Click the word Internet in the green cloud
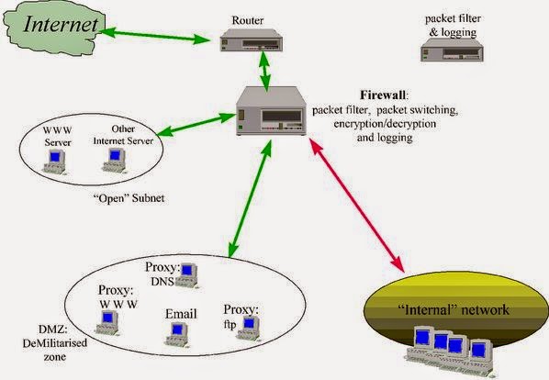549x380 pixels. pos(61,25)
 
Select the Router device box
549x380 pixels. pos(252,40)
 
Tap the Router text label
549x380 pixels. pos(248,20)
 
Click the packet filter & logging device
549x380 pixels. pos(452,50)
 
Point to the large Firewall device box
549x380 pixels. pos(271,111)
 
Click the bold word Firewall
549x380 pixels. pos(384,95)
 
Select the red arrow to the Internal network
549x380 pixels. pos(357,205)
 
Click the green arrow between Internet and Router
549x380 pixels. pos(154,36)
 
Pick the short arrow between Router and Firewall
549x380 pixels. pos(264,72)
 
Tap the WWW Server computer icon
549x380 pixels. pos(54,162)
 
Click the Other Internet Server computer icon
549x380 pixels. pos(115,161)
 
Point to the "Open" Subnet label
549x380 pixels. pos(129,198)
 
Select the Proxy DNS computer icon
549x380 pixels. pos(187,275)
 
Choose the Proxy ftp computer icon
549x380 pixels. pos(248,329)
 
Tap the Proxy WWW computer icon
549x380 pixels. pos(107,322)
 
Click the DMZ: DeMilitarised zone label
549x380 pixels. pos(55,343)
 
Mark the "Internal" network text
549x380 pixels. pos(454,309)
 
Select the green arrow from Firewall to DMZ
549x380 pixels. pos(250,199)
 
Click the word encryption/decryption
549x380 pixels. pos(385,124)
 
